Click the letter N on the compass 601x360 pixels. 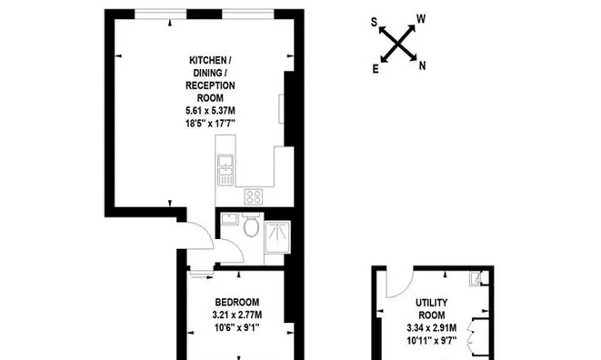click(x=422, y=66)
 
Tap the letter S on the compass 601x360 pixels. click(x=374, y=23)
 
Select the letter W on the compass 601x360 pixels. click(x=421, y=19)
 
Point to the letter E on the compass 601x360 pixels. click(x=376, y=69)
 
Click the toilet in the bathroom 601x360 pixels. click(x=251, y=225)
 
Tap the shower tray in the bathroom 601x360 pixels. click(x=277, y=237)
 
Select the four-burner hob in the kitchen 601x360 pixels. click(x=254, y=197)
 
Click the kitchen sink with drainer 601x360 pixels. click(x=225, y=170)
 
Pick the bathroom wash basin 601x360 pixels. click(x=230, y=220)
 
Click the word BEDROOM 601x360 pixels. click(x=237, y=302)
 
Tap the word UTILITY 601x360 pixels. click(x=432, y=303)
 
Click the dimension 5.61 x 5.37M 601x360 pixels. click(x=210, y=111)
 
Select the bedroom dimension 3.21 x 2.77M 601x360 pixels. click(x=237, y=315)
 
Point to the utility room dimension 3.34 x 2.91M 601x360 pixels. click(x=432, y=328)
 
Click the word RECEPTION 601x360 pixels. click(x=210, y=85)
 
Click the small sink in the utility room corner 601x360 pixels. click(x=475, y=278)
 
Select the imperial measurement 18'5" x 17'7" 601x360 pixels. click(x=210, y=124)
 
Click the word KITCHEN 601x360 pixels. click(x=208, y=60)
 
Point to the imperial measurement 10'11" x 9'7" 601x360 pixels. click(x=432, y=340)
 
